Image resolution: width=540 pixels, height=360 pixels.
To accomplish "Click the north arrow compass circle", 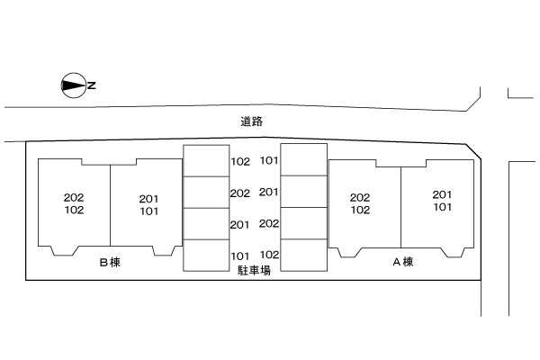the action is click(73, 74).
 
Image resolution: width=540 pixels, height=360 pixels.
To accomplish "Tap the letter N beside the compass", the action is click(92, 85).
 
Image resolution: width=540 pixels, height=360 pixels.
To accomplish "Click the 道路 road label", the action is click(251, 121).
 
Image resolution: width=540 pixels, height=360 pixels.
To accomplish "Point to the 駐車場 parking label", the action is click(254, 270).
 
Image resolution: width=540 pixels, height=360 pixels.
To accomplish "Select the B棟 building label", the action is click(110, 263).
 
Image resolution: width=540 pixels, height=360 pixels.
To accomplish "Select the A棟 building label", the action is click(403, 262).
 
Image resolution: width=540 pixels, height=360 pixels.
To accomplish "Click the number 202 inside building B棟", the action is click(74, 197).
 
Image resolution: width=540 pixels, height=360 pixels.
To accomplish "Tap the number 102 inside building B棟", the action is click(74, 210).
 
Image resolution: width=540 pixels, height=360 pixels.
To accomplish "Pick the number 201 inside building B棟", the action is click(148, 199).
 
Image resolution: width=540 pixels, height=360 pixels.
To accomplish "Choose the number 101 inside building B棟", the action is click(149, 211).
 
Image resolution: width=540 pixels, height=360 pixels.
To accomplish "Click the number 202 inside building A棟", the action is click(360, 197).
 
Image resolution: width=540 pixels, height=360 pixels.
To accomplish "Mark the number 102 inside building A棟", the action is click(360, 210).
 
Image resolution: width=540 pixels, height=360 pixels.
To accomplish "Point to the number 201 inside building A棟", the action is click(442, 194).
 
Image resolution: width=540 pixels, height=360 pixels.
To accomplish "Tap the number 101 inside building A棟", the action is click(443, 207).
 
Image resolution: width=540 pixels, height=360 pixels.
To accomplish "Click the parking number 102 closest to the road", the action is click(240, 162).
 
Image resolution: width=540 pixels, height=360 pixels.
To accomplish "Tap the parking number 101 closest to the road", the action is click(268, 160).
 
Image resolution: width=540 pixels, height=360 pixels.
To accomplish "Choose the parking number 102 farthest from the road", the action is click(269, 255).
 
